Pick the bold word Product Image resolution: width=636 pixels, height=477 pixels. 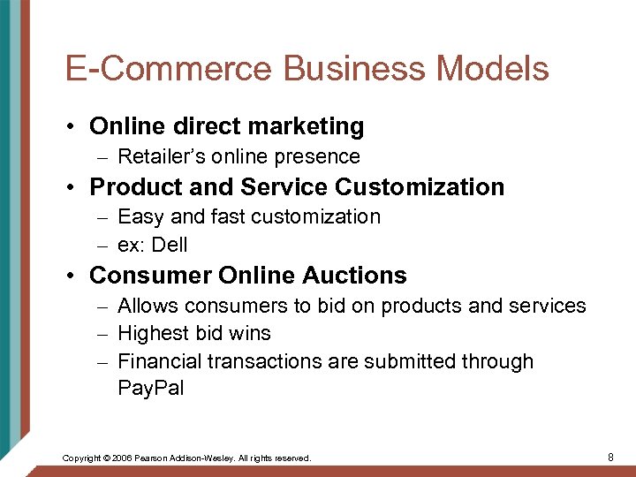[x=132, y=187]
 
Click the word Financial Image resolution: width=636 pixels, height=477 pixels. [x=158, y=361]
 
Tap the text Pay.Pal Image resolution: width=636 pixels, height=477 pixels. [x=150, y=389]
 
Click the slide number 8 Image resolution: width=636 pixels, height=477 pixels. [x=610, y=457]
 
